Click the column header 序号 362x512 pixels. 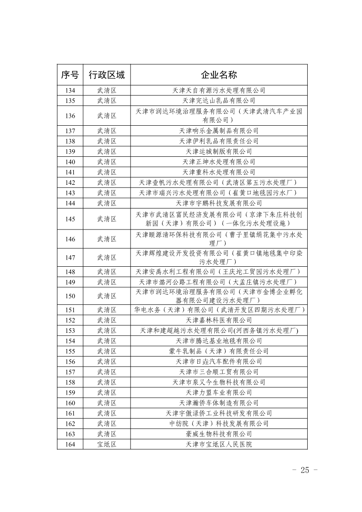click(x=70, y=75)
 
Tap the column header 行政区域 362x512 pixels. click(x=106, y=75)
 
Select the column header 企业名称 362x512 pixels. click(x=219, y=75)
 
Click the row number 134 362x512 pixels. click(x=70, y=91)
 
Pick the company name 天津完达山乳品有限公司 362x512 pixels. click(x=219, y=101)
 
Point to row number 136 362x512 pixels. click(x=70, y=116)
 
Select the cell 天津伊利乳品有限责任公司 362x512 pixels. click(x=219, y=141)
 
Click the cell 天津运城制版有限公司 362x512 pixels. click(x=219, y=152)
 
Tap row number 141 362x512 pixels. click(x=70, y=172)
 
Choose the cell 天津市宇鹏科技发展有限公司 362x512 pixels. click(x=219, y=203)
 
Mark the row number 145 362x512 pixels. click(x=70, y=219)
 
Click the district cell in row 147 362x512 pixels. click(x=106, y=257)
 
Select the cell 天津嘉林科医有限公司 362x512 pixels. click(x=219, y=320)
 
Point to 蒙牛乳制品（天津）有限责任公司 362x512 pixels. click(x=219, y=351)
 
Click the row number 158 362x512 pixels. click(x=70, y=382)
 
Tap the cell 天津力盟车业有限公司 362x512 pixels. click(x=219, y=392)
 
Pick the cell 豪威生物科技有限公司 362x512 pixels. click(x=219, y=434)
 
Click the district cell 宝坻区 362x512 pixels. click(x=106, y=445)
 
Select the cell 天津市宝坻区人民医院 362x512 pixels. click(x=219, y=445)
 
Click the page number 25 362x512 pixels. click(x=305, y=470)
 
